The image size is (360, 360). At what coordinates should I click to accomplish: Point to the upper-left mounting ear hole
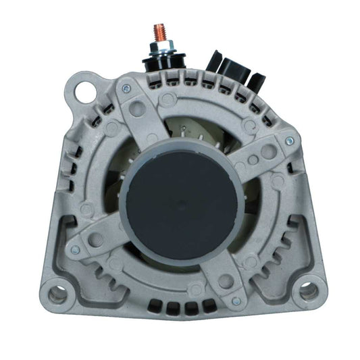coord(86,90)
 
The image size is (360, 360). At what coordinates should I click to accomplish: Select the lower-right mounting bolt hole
coord(308,291)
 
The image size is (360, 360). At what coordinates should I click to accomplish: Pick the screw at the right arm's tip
coord(289,140)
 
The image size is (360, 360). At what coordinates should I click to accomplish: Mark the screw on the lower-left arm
coord(75,250)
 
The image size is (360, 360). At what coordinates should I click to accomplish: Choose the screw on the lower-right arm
coord(236,301)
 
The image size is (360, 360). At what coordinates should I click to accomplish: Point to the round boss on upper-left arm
coord(138,107)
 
